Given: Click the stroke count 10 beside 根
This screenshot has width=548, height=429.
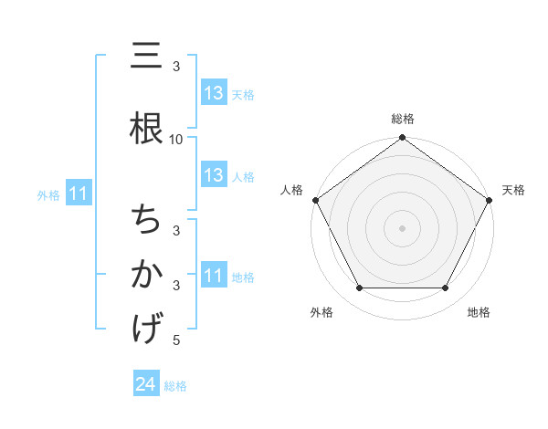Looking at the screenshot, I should click(176, 139).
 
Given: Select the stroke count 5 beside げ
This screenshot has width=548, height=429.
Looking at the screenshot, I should click(176, 340).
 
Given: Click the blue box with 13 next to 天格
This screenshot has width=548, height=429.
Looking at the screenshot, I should click(214, 93).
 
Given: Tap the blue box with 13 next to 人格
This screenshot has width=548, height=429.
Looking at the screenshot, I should click(214, 175).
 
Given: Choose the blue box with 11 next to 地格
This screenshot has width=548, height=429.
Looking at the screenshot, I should click(214, 276).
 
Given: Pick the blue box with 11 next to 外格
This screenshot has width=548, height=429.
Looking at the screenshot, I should click(78, 194).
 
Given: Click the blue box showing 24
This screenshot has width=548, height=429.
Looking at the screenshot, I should click(146, 384).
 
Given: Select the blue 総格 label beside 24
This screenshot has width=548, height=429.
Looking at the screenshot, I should click(175, 386).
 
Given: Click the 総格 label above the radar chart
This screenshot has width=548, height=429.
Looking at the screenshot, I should click(403, 119).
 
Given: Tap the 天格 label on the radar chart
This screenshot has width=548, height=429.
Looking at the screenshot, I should click(513, 190).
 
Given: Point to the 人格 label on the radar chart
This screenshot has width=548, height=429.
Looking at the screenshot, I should click(291, 190).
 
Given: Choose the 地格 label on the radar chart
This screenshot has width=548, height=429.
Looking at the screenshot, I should click(479, 312).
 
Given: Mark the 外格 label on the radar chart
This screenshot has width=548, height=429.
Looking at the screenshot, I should click(321, 312).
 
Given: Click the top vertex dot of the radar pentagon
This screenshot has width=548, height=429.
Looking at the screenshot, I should click(403, 138).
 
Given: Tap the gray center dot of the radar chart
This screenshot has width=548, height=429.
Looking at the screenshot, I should click(403, 228).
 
